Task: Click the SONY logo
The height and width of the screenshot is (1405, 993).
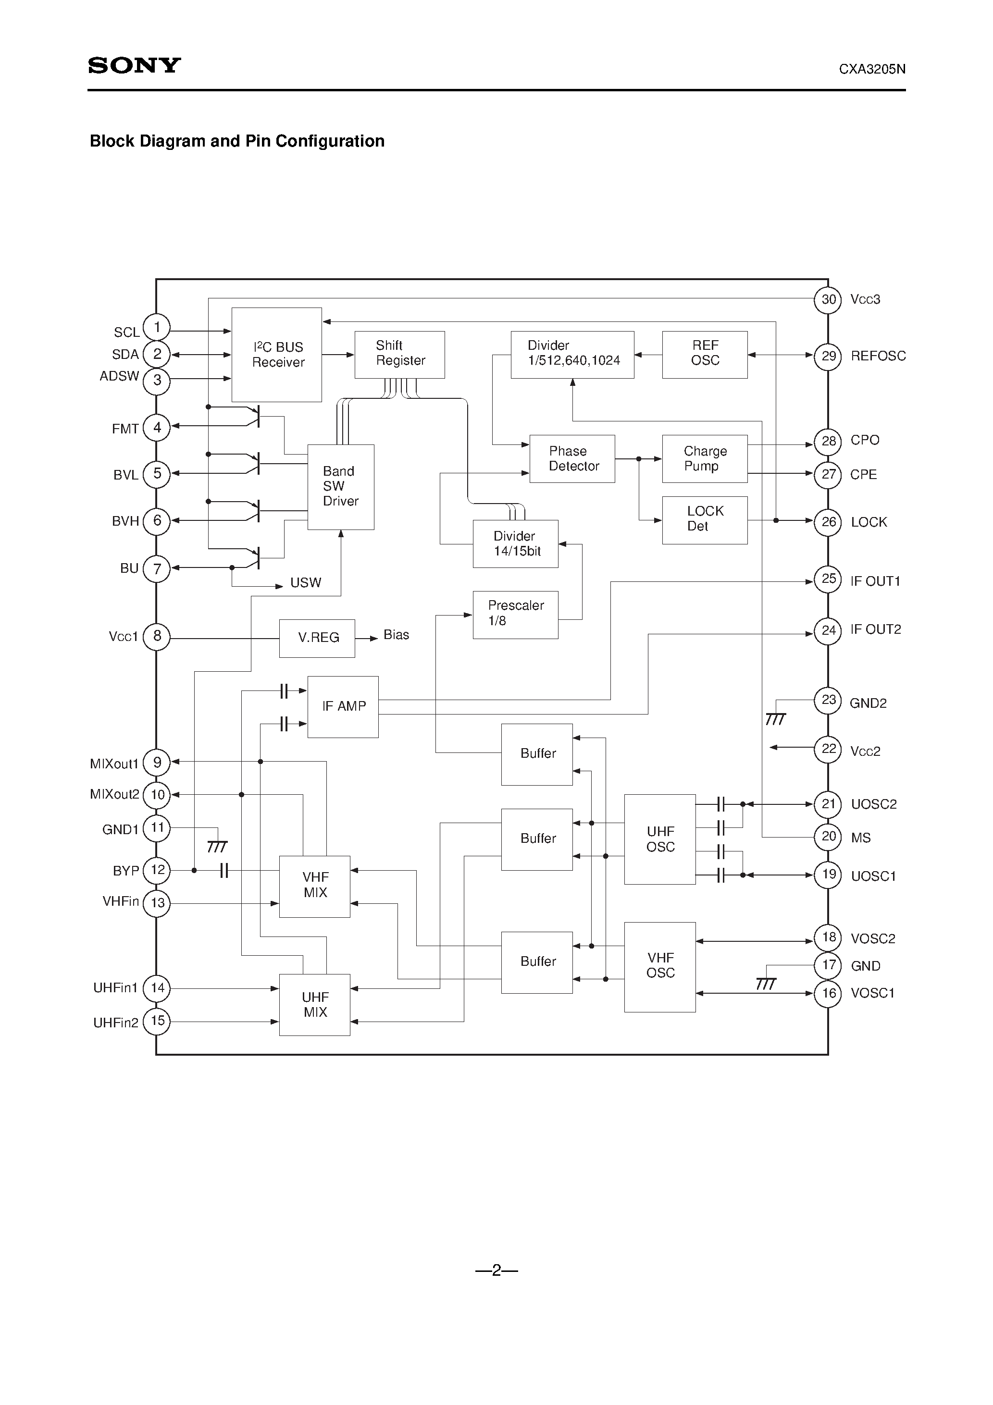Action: (x=134, y=65)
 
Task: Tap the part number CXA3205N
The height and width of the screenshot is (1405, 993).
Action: (x=872, y=70)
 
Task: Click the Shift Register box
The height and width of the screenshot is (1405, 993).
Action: (x=400, y=354)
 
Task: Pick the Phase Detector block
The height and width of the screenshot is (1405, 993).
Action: (x=572, y=459)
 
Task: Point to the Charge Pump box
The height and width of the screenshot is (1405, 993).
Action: (x=705, y=459)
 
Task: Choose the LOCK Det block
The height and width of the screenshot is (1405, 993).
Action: (x=705, y=519)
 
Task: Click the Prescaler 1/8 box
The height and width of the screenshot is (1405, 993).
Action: (x=515, y=615)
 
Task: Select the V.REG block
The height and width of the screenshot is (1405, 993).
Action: (x=317, y=638)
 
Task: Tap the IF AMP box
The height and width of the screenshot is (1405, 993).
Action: (x=343, y=707)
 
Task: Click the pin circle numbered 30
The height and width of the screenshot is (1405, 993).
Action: (x=828, y=300)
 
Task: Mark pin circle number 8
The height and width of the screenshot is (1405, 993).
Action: (x=157, y=636)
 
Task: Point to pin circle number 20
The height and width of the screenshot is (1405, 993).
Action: (x=828, y=837)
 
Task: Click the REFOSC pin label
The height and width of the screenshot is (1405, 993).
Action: (x=878, y=356)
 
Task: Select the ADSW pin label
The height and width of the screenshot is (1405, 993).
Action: (x=119, y=376)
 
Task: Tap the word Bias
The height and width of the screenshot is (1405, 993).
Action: (x=396, y=635)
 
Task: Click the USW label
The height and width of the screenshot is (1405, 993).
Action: (x=306, y=582)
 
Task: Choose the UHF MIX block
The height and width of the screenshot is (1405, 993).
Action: (x=315, y=1005)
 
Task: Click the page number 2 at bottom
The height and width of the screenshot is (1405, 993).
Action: (x=496, y=1270)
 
